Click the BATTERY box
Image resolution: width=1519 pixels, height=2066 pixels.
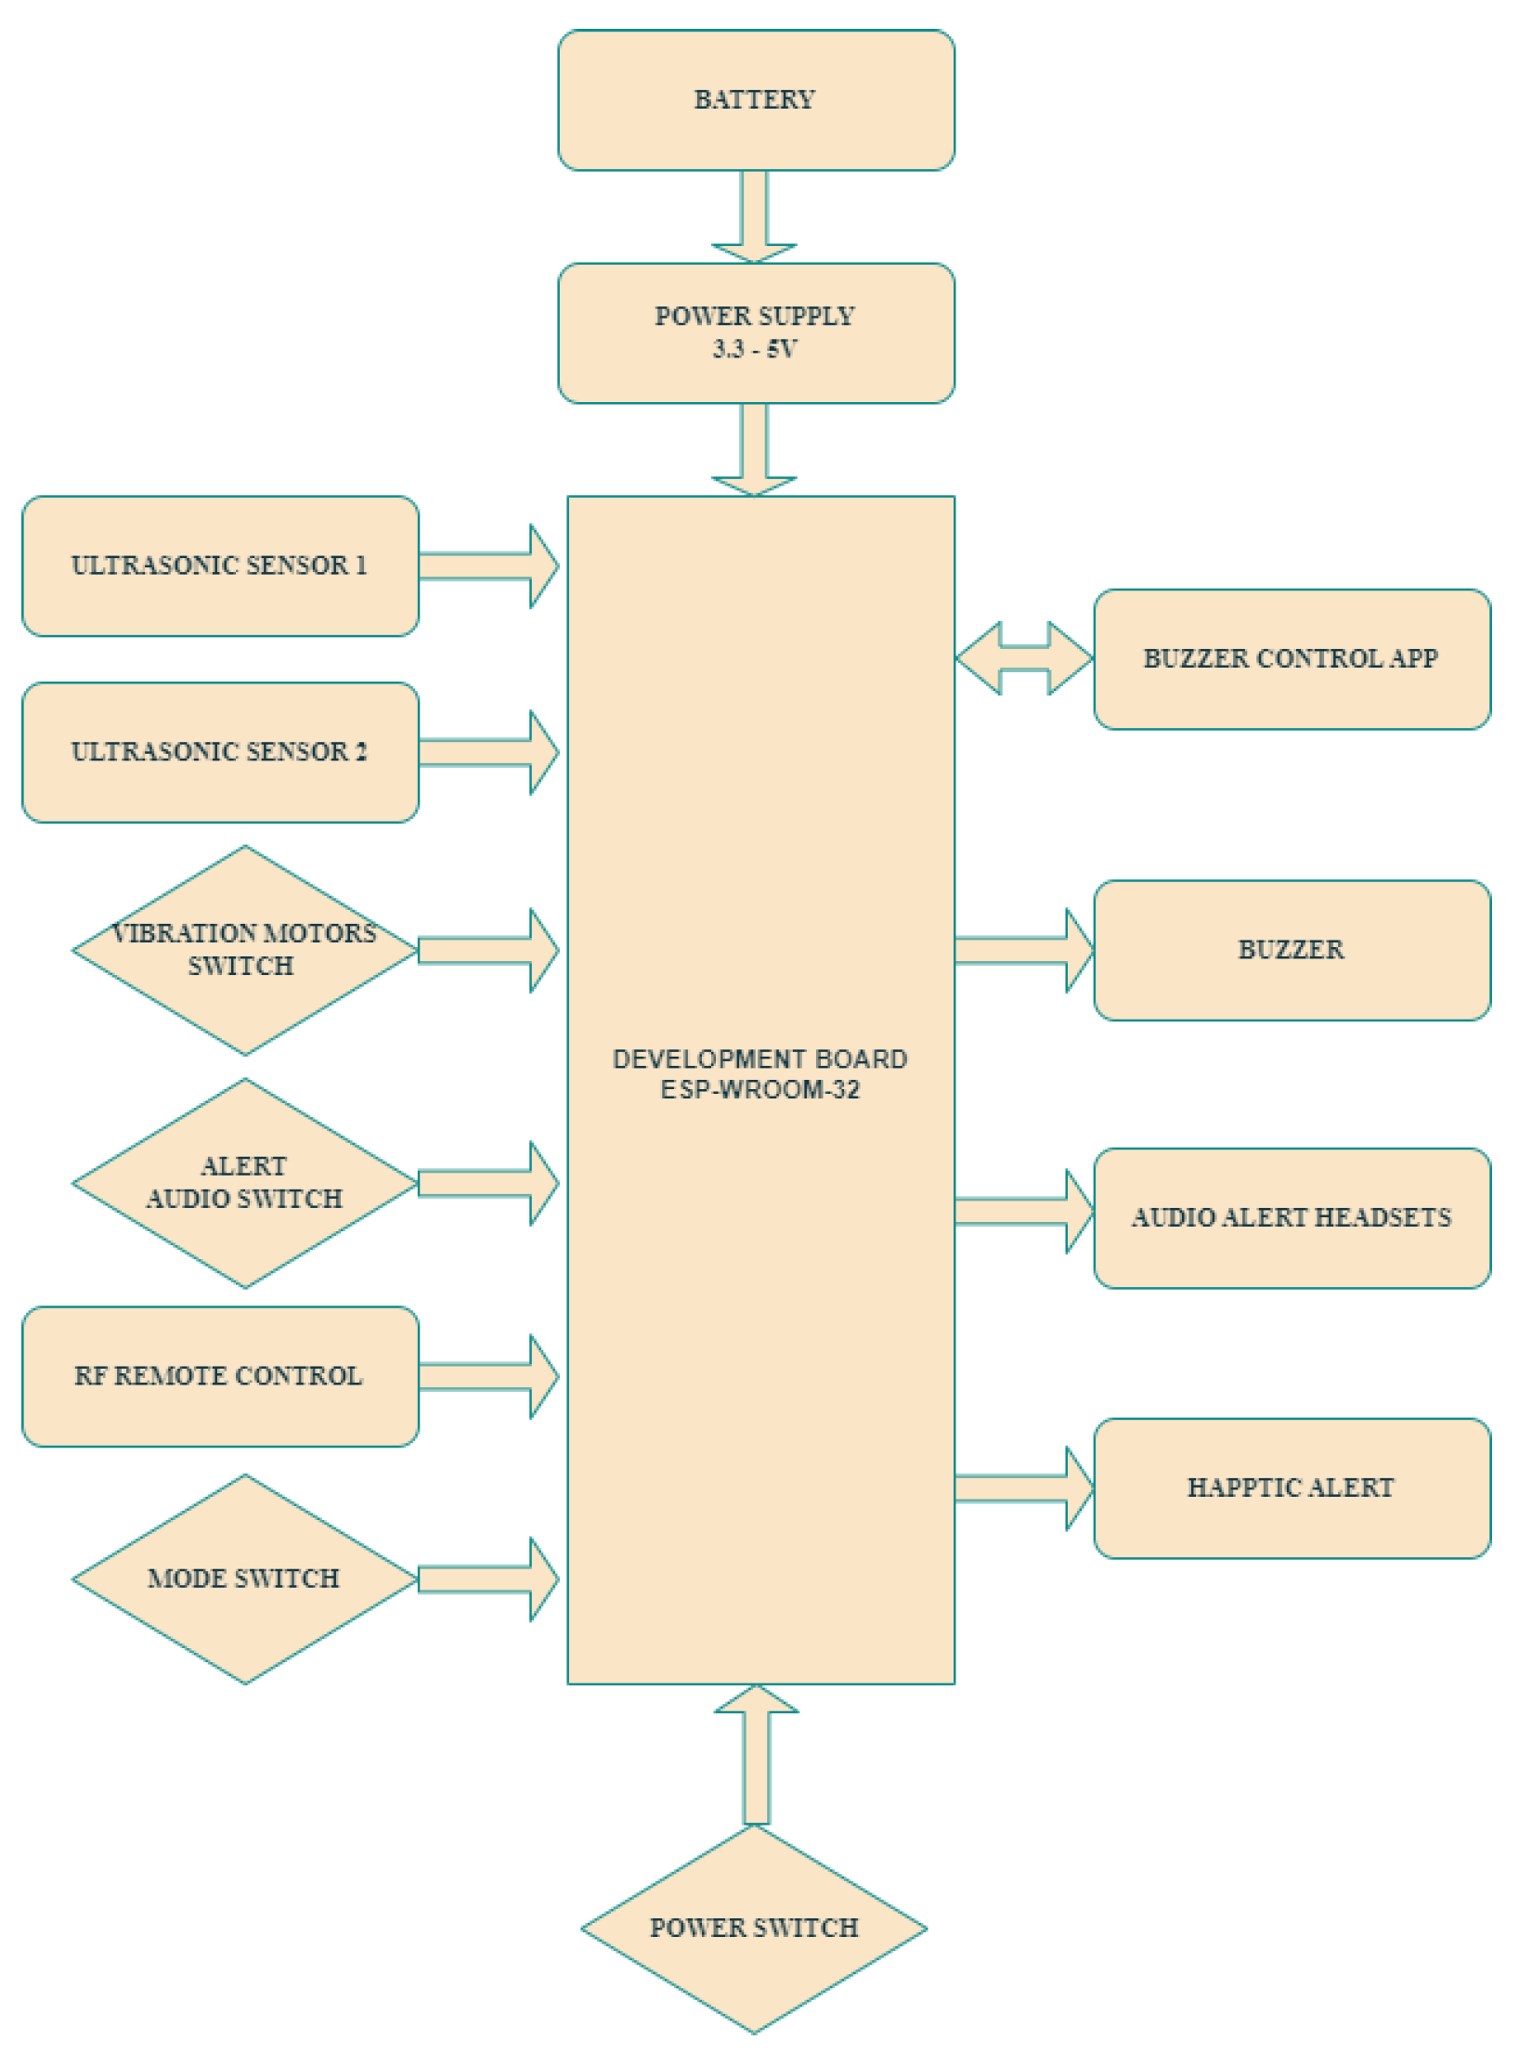point(755,99)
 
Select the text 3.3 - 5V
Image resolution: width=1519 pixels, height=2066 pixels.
point(754,349)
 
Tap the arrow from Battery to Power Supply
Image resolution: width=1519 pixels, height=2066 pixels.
point(754,216)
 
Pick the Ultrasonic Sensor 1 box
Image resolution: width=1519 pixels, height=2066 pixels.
point(220,565)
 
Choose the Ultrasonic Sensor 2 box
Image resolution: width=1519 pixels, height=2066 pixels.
point(220,752)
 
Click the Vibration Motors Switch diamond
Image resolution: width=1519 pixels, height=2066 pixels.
point(244,950)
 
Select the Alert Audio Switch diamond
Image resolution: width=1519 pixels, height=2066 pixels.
point(244,1183)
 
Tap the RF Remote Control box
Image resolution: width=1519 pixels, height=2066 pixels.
point(220,1376)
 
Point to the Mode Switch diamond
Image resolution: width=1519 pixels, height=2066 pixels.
point(244,1579)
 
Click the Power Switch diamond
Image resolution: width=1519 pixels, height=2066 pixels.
point(754,1929)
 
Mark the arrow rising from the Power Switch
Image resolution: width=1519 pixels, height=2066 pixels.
point(756,1755)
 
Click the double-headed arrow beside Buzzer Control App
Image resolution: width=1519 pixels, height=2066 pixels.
point(1024,658)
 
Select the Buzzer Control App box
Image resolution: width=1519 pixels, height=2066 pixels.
point(1292,658)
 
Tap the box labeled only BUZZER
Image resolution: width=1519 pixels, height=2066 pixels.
point(1292,950)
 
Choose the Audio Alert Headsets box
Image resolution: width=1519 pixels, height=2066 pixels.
point(1292,1217)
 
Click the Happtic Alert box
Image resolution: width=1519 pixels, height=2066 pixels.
point(1292,1488)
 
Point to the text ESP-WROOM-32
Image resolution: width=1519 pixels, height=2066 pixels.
point(759,1090)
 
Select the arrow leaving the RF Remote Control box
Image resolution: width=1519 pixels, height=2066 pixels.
point(487,1376)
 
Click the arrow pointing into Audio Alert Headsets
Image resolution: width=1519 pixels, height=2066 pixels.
point(1023,1211)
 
